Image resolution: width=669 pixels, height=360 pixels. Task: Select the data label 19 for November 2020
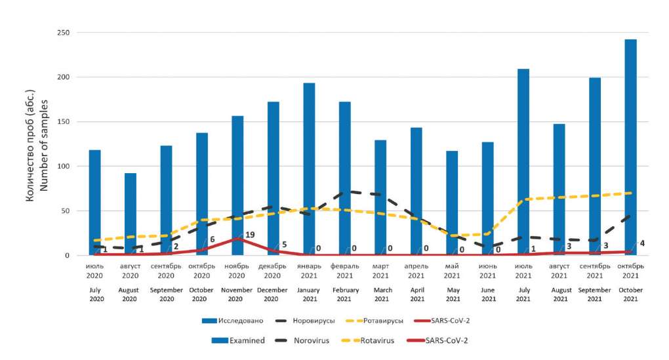250,234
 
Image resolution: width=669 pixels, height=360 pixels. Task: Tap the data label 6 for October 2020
213,240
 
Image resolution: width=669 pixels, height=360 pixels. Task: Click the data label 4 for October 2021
641,244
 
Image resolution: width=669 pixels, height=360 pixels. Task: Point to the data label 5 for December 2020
284,245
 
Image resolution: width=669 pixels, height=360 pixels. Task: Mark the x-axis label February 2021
344,294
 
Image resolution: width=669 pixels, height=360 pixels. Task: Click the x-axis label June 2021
488,294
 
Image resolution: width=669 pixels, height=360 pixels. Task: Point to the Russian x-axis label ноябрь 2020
237,271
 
